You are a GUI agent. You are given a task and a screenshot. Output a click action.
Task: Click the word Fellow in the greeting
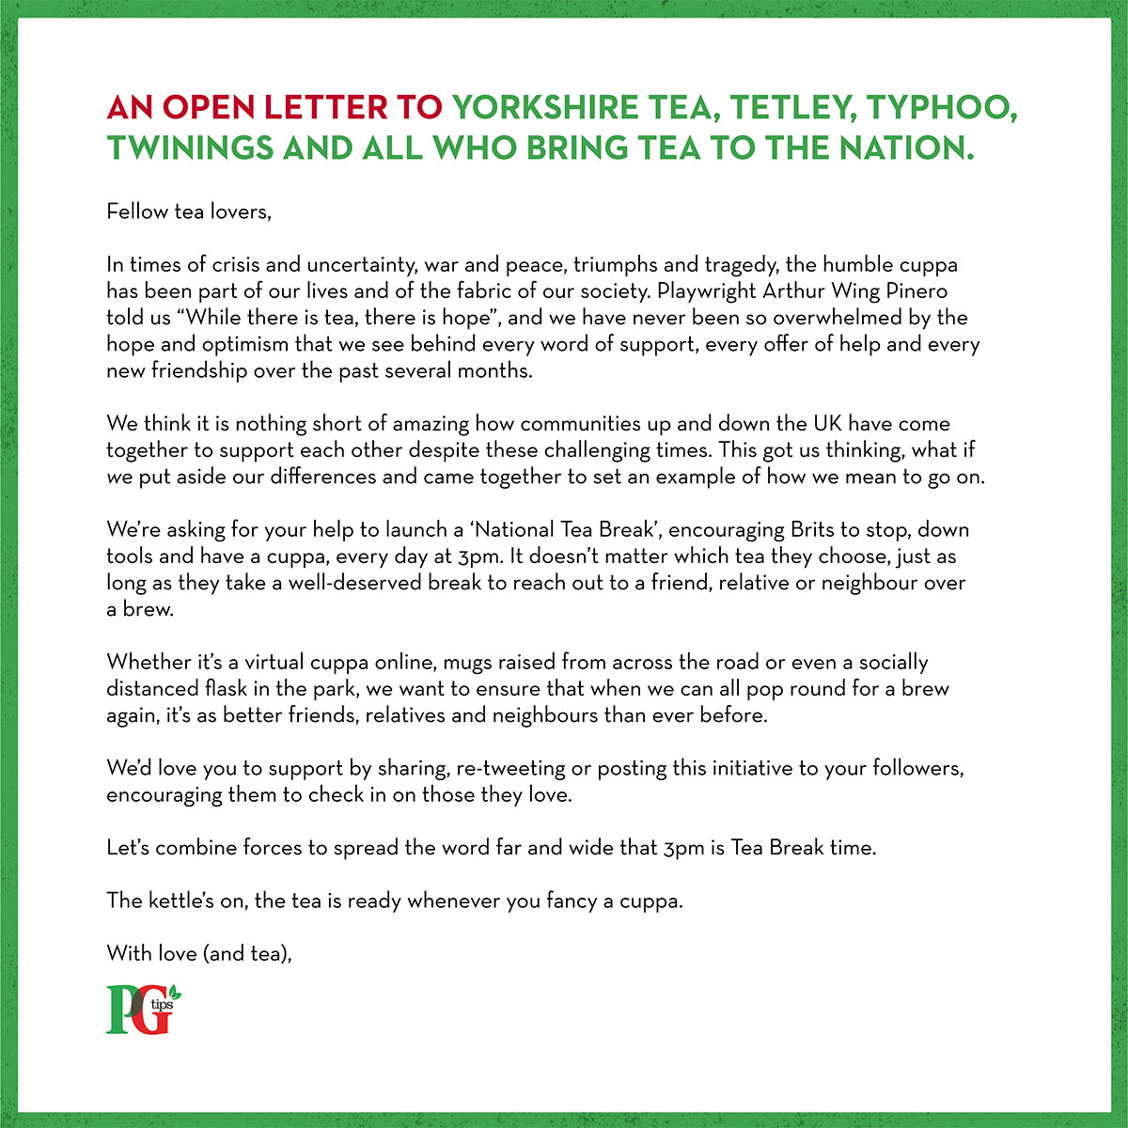point(137,211)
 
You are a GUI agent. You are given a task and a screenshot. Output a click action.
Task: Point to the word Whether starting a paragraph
point(147,662)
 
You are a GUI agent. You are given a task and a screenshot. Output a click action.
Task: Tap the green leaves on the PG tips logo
point(175,994)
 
